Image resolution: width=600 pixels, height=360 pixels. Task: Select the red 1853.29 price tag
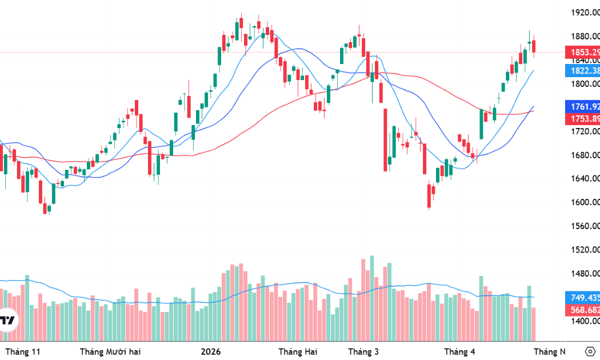click(x=583, y=53)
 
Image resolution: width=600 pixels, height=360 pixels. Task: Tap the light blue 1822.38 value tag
click(x=583, y=71)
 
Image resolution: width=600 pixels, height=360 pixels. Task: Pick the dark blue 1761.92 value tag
click(x=583, y=106)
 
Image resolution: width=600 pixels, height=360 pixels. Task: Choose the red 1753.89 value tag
click(x=583, y=118)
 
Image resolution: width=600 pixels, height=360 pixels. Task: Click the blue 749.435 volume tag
click(x=583, y=297)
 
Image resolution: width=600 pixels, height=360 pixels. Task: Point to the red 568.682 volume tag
click(x=583, y=310)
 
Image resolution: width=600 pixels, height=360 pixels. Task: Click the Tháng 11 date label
click(x=23, y=351)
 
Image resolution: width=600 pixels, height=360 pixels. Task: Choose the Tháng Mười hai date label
click(x=110, y=351)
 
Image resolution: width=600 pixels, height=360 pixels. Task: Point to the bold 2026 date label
click(x=211, y=351)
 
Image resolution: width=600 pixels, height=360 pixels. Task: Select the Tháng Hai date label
click(x=297, y=351)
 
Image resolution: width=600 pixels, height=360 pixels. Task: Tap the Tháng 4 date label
click(x=459, y=351)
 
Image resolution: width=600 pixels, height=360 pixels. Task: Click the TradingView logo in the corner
click(x=7, y=321)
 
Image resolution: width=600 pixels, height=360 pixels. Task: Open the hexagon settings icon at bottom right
click(x=591, y=351)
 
